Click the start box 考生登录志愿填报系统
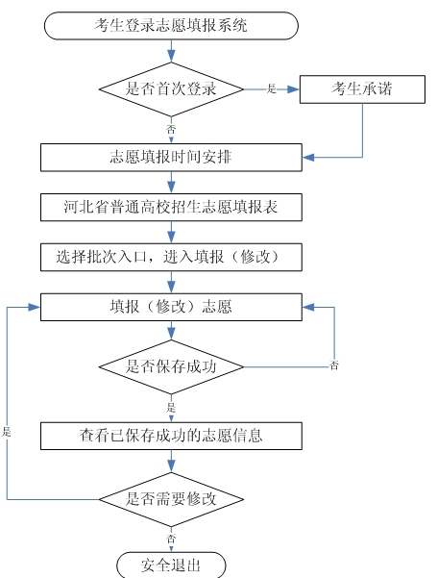[x=171, y=25]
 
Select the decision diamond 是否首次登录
[x=171, y=89]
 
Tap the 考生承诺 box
[x=362, y=89]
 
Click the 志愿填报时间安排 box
[x=171, y=158]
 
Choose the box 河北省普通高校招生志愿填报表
[x=171, y=207]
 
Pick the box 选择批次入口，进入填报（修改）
[x=171, y=257]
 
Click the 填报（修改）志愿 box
[x=171, y=307]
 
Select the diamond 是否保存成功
[x=171, y=366]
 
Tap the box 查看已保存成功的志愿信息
[x=171, y=436]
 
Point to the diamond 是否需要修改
[x=171, y=499]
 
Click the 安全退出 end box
[x=171, y=565]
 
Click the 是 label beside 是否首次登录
[x=272, y=88]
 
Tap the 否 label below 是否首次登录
[x=171, y=130]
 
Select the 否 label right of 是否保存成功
[x=333, y=365]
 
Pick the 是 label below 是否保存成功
[x=171, y=408]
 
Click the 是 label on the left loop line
[x=7, y=432]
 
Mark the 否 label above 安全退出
[x=171, y=539]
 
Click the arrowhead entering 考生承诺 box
[x=294, y=89]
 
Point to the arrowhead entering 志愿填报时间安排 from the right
[x=308, y=158]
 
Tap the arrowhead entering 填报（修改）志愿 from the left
[x=35, y=307]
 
